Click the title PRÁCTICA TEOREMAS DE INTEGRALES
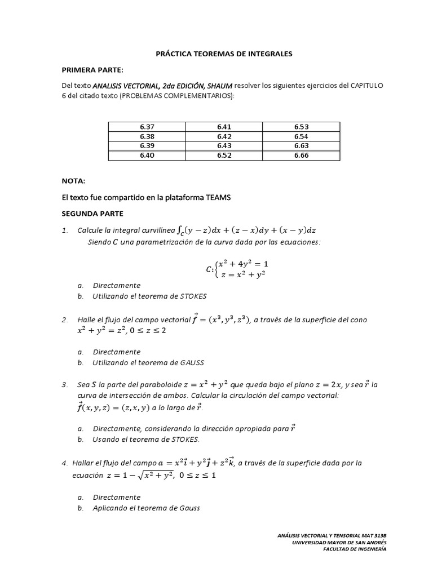click(224, 54)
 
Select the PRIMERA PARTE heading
click(92, 69)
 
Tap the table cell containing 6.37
click(147, 127)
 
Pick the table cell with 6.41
click(224, 127)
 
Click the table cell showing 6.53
click(301, 127)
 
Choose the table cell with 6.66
click(301, 155)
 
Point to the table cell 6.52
click(224, 155)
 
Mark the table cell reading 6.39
click(147, 145)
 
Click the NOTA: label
click(73, 181)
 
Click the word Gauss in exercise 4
click(189, 508)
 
